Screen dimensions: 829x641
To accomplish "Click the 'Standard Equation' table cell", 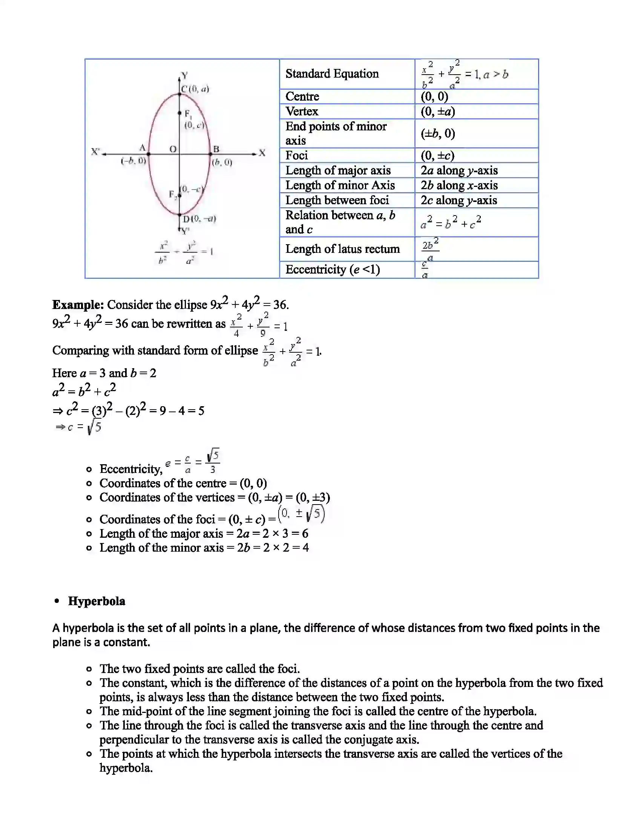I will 332,73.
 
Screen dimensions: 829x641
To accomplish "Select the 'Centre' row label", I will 302,96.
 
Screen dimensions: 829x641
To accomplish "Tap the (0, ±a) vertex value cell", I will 438,112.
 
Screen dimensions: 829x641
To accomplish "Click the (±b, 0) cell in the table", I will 438,133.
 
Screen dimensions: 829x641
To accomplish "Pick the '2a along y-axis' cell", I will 459,170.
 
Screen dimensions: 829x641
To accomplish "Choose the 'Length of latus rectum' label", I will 342,249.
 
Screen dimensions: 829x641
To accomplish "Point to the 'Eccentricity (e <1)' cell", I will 333,269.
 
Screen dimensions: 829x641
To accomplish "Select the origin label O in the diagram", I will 173,149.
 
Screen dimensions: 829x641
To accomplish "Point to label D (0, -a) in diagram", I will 199,219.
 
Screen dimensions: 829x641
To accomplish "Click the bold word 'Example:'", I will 78,305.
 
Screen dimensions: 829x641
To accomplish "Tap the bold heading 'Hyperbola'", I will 97,601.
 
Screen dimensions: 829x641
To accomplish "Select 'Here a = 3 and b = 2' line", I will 104,373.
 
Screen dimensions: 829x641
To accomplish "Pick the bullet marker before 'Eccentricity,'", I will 89,470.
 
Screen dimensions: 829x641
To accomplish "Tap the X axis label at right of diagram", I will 262,153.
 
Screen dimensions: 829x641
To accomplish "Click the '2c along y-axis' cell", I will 459,200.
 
